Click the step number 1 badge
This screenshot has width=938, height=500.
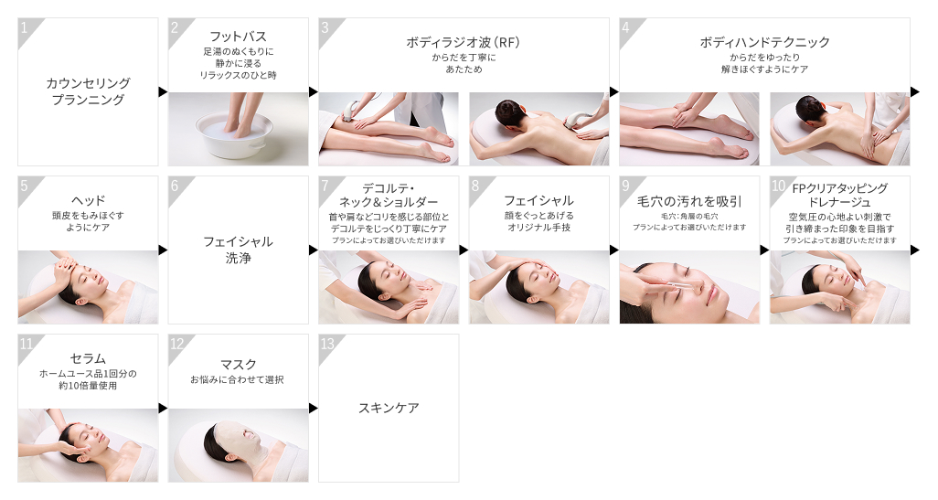[25, 27]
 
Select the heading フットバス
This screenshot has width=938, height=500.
[238, 37]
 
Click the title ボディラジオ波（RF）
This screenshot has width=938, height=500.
[464, 42]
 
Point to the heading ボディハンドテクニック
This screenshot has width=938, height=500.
[764, 42]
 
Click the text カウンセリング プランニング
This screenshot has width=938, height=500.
[88, 91]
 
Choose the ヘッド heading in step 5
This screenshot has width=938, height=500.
[88, 200]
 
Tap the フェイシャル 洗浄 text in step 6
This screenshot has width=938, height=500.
[238, 250]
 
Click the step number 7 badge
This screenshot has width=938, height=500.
[325, 186]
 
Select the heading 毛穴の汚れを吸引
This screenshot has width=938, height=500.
[689, 200]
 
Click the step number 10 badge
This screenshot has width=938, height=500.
[778, 186]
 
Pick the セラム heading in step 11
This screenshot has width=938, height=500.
[88, 357]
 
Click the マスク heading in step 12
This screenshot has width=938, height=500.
[238, 364]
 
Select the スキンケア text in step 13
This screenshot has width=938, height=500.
[389, 408]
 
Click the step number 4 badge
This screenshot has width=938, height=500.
[626, 27]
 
